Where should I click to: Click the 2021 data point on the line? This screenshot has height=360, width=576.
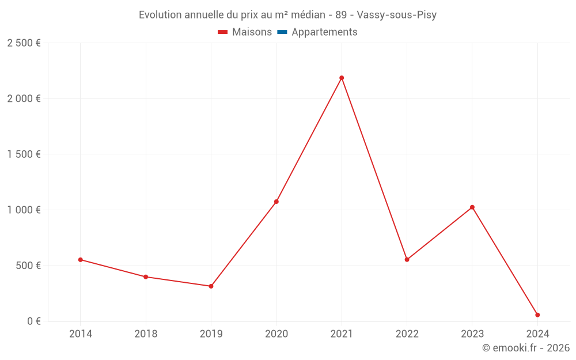pyautogui.click(x=342, y=78)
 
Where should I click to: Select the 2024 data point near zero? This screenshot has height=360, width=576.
pyautogui.click(x=537, y=315)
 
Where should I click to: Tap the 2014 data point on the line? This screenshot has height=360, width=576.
pyautogui.click(x=81, y=260)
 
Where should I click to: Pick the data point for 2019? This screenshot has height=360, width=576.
pyautogui.click(x=211, y=286)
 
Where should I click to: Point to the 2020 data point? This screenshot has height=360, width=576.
pyautogui.click(x=276, y=202)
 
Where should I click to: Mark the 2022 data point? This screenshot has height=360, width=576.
pyautogui.click(x=407, y=260)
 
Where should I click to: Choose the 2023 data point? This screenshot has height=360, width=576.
pyautogui.click(x=472, y=207)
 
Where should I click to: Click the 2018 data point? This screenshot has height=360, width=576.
pyautogui.click(x=146, y=277)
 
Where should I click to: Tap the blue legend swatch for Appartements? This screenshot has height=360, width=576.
pyautogui.click(x=282, y=32)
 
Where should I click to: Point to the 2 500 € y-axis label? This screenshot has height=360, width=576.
pyautogui.click(x=24, y=43)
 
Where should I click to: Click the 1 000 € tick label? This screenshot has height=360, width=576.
pyautogui.click(x=24, y=210)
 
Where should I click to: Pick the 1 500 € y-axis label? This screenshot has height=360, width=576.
pyautogui.click(x=24, y=154)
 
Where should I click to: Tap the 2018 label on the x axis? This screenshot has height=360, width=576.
pyautogui.click(x=146, y=334)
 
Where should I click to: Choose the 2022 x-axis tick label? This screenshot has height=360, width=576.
pyautogui.click(x=407, y=334)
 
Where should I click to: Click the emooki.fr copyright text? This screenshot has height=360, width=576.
pyautogui.click(x=526, y=348)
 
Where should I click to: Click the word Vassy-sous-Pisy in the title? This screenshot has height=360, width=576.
pyautogui.click(x=397, y=15)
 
